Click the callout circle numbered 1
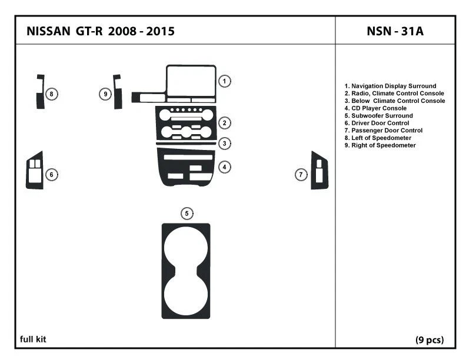pos(224,81)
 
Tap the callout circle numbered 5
pos(187,213)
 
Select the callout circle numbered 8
pos(52,94)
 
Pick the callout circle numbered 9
pos(105,94)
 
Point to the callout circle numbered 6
pos(51,174)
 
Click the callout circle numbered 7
pos(301,174)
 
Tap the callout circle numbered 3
pos(224,143)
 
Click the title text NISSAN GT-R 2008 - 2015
pos(100,31)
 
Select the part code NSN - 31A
pos(395,31)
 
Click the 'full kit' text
pos(33,339)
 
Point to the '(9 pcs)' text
pos(430,339)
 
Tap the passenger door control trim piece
pos(320,171)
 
